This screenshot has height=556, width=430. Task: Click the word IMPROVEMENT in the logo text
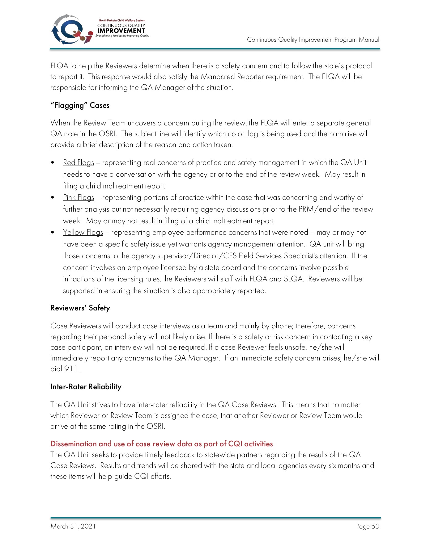pos(121,31)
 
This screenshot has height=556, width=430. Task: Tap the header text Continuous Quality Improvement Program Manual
pos(313,40)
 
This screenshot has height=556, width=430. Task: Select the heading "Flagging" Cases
pos(80,105)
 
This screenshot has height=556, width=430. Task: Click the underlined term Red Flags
pos(79,162)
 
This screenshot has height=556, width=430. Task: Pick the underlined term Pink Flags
pos(79,197)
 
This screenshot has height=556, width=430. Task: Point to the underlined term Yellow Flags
pos(83,232)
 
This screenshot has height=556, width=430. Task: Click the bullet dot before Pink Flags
pos(53,197)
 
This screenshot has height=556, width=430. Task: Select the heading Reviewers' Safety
pos(80,308)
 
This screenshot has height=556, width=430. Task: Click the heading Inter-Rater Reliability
pos(86,387)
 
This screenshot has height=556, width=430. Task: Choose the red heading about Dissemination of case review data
pos(161,444)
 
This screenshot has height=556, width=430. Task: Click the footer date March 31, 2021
pos(73,526)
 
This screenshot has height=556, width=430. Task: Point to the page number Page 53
pos(367,526)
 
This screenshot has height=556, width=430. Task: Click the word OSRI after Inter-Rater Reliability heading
pos(155,426)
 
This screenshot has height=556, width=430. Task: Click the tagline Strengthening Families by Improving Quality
pos(122,36)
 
